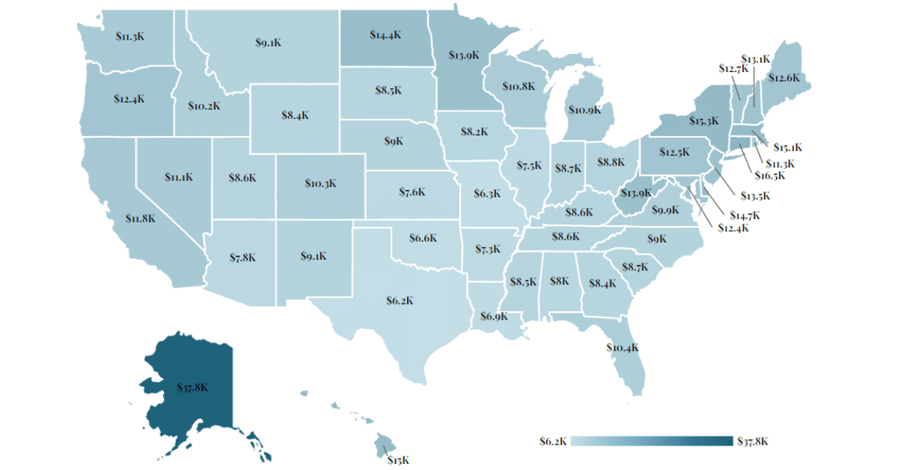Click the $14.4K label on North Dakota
pos(386,34)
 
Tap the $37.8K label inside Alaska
pos(192,388)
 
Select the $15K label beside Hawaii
pos(398,460)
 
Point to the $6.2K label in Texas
pos(400,300)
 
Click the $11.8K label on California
pos(141,219)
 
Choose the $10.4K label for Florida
pos(623,347)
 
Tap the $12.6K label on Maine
pos(784,78)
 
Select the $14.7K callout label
pos(745,215)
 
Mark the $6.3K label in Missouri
pos(487,193)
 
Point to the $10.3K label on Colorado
pos(321,183)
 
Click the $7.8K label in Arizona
pos(242,257)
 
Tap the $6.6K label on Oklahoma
pos(423,238)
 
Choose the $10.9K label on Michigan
pos(584,110)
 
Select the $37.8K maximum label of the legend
pos(753,441)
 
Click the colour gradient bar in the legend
pos(651,441)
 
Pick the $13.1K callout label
pos(756,58)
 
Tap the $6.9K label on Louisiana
pos(492,317)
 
